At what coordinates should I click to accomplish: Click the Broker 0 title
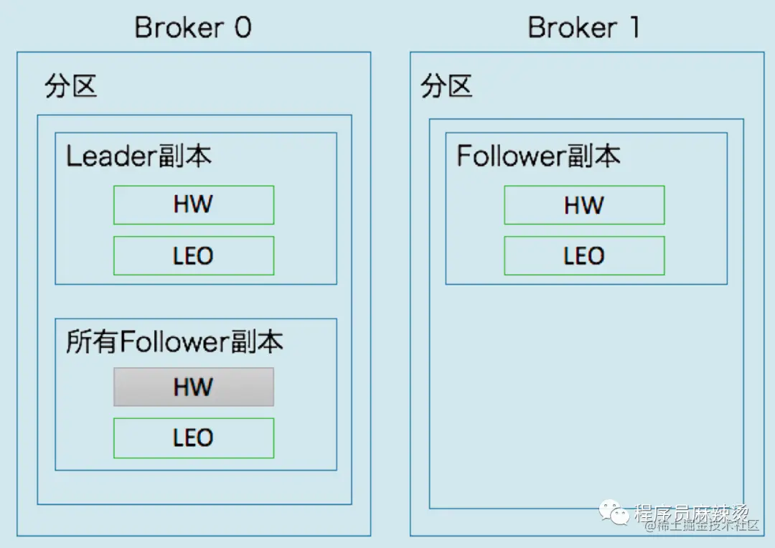click(193, 28)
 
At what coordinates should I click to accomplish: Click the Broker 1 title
click(583, 28)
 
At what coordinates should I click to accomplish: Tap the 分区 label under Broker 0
click(70, 87)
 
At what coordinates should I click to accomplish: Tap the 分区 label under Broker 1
click(446, 87)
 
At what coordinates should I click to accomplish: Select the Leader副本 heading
click(138, 156)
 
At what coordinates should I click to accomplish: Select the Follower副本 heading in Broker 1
click(538, 156)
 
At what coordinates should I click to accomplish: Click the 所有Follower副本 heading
click(174, 342)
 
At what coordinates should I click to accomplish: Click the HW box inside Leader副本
click(193, 204)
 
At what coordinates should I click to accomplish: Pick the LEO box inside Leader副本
click(193, 256)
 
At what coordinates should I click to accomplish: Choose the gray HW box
click(193, 387)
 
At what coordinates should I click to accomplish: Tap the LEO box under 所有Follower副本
click(193, 438)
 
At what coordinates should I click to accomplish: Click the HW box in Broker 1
click(583, 205)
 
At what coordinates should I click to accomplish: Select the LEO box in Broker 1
click(583, 256)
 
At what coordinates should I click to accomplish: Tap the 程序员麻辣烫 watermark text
click(692, 512)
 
